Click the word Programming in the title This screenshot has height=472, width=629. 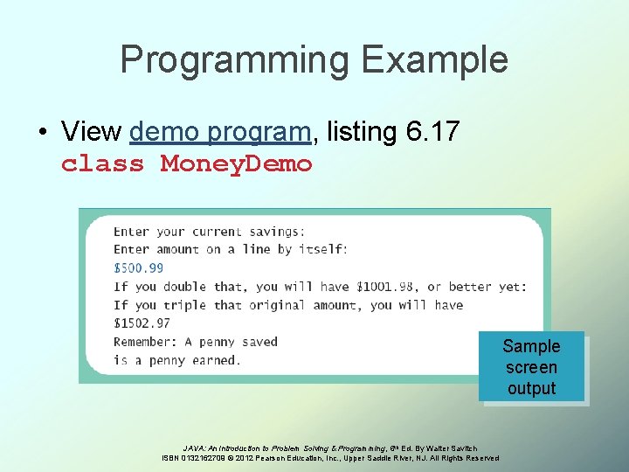(x=233, y=59)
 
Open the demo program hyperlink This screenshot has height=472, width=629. (x=220, y=131)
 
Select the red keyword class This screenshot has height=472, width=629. (x=102, y=163)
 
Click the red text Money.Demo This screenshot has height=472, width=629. (x=236, y=163)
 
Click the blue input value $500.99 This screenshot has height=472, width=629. (x=138, y=268)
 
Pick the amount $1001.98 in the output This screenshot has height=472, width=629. (x=385, y=287)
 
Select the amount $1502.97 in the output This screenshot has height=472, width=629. (x=142, y=323)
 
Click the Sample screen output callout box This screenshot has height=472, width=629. (x=531, y=367)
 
